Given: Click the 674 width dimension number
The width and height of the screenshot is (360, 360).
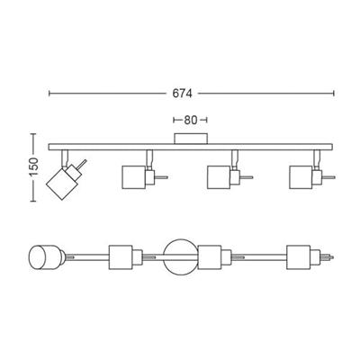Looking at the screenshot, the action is point(182,94).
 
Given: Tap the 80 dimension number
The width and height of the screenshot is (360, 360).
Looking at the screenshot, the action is point(190,121).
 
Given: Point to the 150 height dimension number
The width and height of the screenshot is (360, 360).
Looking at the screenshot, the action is point(34,166).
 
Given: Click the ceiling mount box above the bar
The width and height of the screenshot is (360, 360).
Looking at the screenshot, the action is point(191,139).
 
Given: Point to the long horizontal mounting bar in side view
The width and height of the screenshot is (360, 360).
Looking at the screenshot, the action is point(190,147).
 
